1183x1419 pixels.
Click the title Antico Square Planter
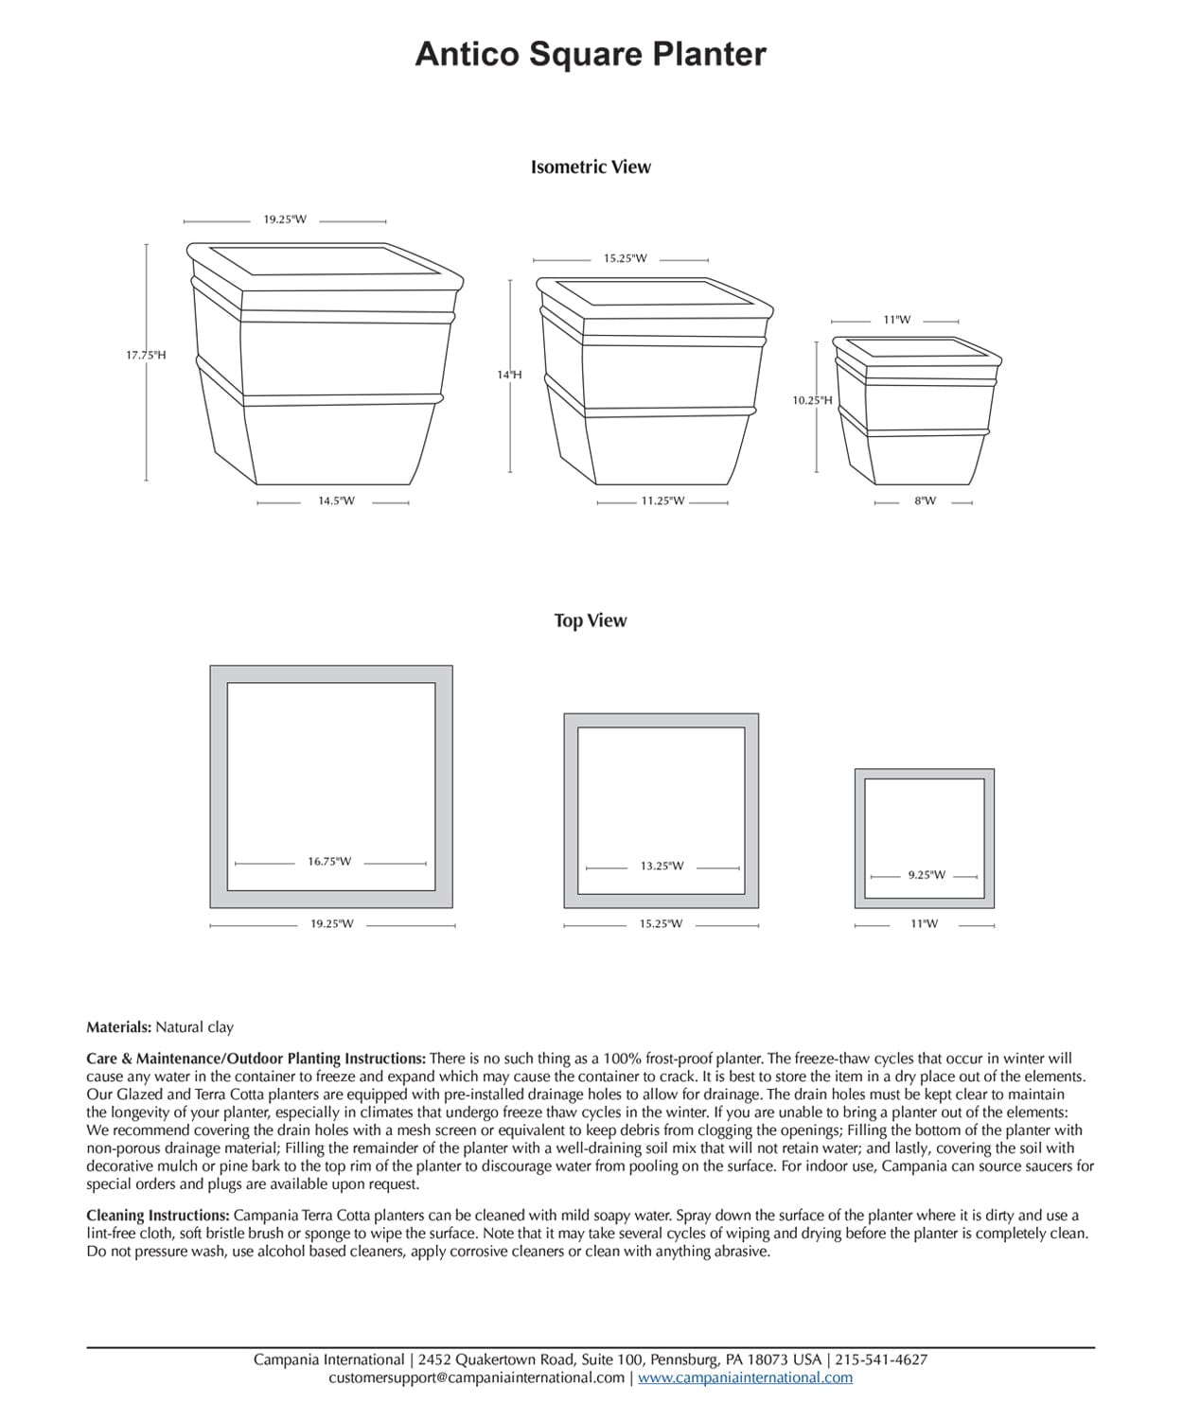tap(591, 54)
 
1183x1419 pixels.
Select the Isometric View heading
tap(591, 167)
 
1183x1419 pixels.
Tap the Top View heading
tap(591, 621)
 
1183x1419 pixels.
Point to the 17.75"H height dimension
tap(146, 356)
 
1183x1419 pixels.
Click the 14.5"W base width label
tap(336, 501)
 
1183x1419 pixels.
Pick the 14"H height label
tap(509, 376)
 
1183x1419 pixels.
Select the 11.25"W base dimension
tap(662, 501)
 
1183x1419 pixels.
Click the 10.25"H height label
tap(812, 400)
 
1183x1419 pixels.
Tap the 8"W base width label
tap(925, 501)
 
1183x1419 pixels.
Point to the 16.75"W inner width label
tap(329, 862)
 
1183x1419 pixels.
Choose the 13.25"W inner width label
tap(662, 867)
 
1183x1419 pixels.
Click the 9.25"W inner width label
tap(927, 875)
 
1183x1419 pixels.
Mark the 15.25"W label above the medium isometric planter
tap(625, 258)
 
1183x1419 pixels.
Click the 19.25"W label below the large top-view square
tap(332, 924)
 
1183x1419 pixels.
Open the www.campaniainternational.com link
tap(745, 1377)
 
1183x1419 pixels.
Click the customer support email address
tap(476, 1377)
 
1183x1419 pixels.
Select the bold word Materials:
tap(118, 1026)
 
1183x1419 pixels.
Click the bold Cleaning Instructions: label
tap(157, 1215)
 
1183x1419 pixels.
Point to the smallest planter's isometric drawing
tap(916, 407)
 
